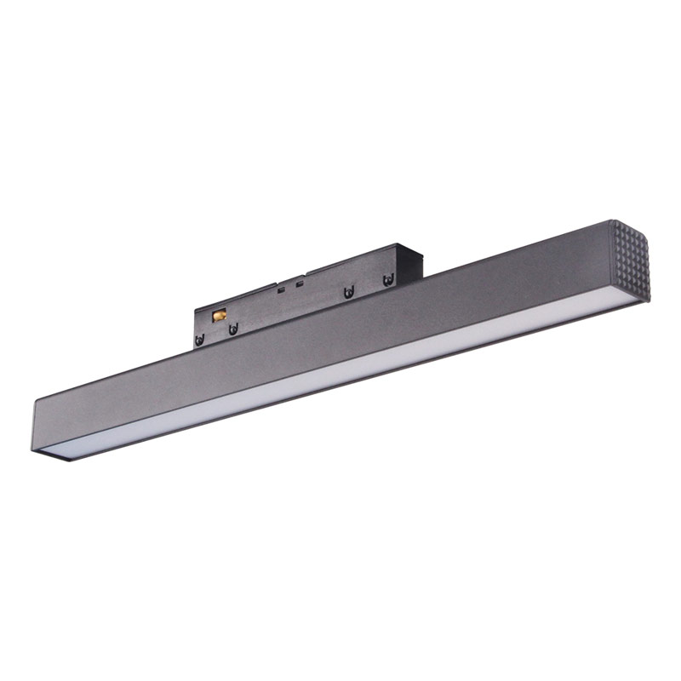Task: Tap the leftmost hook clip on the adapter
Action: (x=200, y=339)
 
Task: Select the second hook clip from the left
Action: (x=232, y=329)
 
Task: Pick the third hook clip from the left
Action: (x=348, y=293)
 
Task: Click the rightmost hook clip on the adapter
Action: (x=388, y=279)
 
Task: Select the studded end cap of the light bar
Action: (x=630, y=260)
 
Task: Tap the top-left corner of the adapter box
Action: (x=195, y=306)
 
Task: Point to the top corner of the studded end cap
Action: (x=611, y=221)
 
